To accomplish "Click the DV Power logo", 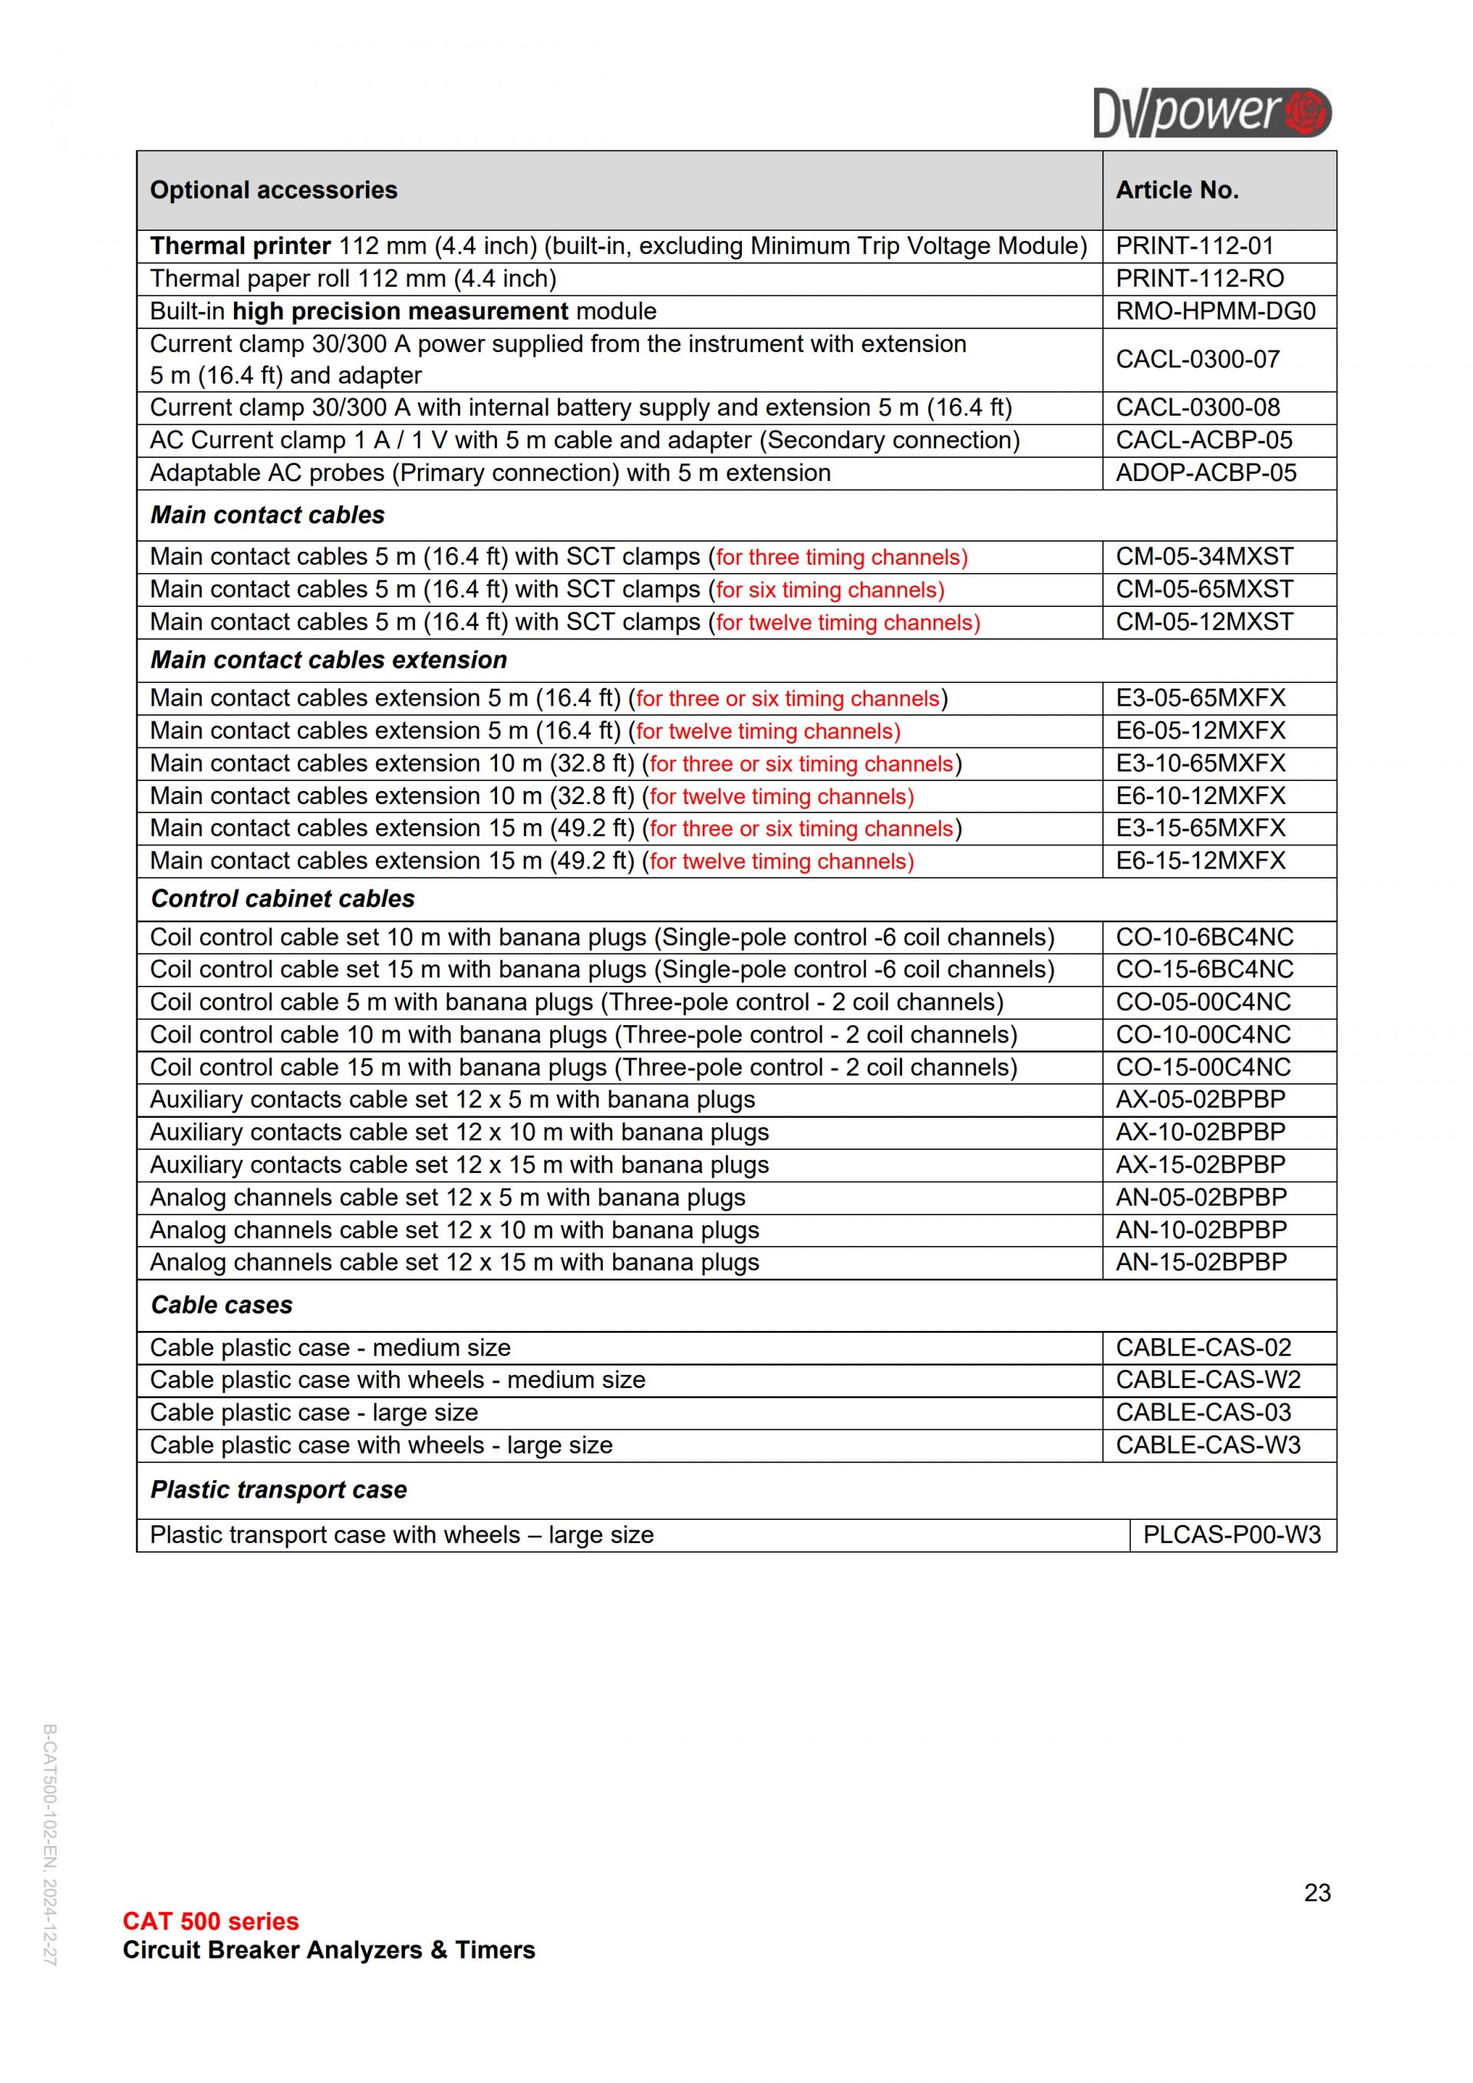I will coord(1212,113).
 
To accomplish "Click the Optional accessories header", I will coord(273,190).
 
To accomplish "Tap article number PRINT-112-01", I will coord(1195,246).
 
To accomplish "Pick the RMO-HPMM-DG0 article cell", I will coord(1214,311).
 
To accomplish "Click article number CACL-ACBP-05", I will coord(1204,440).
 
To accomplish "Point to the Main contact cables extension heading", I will coord(328,660).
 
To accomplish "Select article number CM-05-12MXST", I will coord(1204,621).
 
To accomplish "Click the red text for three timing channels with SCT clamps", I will coord(841,557).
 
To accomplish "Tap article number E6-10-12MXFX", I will coord(1200,796).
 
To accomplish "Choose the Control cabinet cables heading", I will coord(282,898).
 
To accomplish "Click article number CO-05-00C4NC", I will coord(1203,1001).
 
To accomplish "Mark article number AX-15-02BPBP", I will coord(1200,1164).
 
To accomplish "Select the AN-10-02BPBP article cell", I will coord(1201,1229).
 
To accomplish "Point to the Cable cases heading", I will coord(221,1304).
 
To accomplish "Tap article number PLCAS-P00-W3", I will coord(1232,1534).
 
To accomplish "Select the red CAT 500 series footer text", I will coord(210,1920).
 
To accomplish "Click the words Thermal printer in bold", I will coord(240,246).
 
